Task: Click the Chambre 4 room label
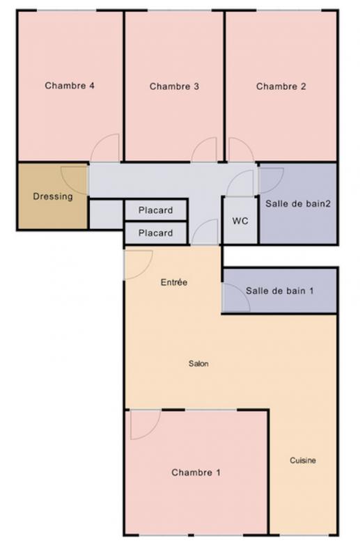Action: coord(70,86)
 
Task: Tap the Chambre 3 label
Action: coord(174,86)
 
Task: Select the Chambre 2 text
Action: coord(281,86)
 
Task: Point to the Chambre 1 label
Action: coord(196,473)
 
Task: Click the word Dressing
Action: coord(53,196)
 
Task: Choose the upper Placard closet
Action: coord(156,210)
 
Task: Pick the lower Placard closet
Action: coord(156,233)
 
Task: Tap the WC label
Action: coord(240,221)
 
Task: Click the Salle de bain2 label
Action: coord(298,203)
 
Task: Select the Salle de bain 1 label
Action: coord(280,291)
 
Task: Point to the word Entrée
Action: coord(174,283)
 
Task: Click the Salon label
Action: coord(198,363)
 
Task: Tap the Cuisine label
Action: coord(303,460)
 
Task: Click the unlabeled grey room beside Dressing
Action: coord(106,215)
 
